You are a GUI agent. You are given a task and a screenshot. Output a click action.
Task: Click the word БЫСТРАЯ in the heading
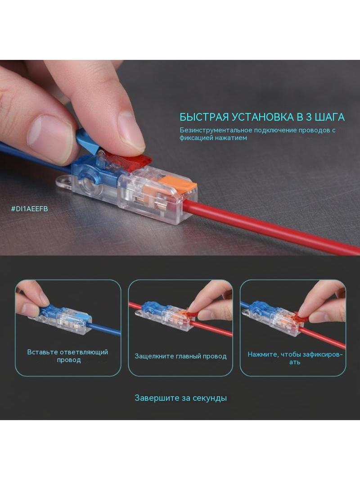pos(204,117)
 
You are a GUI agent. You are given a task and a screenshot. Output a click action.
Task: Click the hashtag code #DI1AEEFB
pos(29,209)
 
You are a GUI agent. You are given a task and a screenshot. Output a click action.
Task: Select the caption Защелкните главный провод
pos(180,356)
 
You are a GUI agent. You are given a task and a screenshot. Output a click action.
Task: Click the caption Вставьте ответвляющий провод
pos(67,356)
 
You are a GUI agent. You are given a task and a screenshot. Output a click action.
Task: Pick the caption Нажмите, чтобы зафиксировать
pos(295,358)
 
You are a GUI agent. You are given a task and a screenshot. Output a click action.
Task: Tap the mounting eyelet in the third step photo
pos(245,312)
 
